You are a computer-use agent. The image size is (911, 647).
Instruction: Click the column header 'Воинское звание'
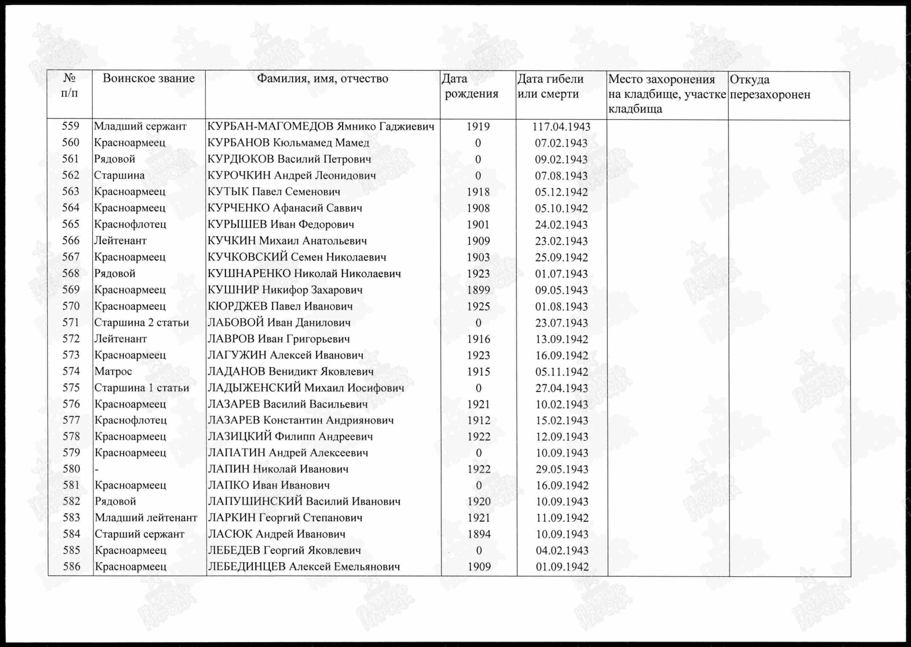(x=148, y=79)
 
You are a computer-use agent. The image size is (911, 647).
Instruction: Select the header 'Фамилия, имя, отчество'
(x=322, y=79)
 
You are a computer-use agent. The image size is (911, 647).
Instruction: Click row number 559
(x=70, y=126)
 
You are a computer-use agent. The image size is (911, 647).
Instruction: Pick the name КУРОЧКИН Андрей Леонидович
(x=291, y=175)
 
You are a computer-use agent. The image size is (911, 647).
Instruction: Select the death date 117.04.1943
(x=561, y=127)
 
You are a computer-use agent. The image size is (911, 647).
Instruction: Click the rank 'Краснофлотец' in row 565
(x=130, y=224)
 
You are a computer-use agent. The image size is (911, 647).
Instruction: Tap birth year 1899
(x=478, y=290)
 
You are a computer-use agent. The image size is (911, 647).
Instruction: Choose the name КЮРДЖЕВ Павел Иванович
(x=280, y=306)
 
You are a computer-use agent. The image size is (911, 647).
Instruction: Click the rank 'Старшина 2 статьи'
(x=141, y=322)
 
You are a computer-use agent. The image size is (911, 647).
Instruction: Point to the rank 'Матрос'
(x=113, y=371)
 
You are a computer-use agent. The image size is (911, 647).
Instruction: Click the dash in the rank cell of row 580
(x=96, y=469)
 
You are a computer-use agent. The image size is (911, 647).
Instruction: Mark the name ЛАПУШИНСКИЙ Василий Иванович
(x=304, y=501)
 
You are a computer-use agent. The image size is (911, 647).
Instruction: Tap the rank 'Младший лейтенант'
(x=146, y=518)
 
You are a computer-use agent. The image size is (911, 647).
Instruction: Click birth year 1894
(x=479, y=534)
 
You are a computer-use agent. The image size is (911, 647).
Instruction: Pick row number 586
(x=72, y=567)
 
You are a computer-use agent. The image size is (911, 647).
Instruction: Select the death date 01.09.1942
(x=562, y=567)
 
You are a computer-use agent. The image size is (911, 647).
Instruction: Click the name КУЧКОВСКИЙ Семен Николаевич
(x=297, y=257)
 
